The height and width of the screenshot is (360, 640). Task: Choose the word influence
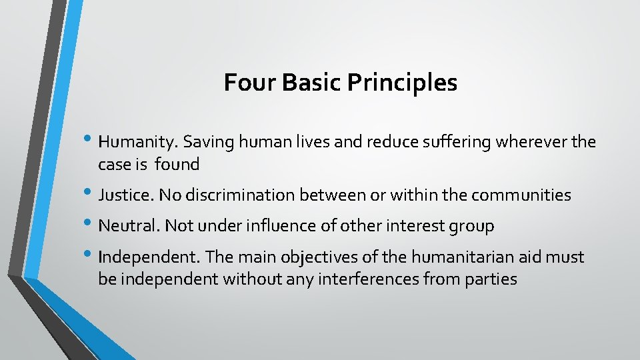tap(281, 227)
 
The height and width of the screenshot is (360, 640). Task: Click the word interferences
tap(373, 279)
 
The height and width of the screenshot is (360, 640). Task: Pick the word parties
tap(492, 280)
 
